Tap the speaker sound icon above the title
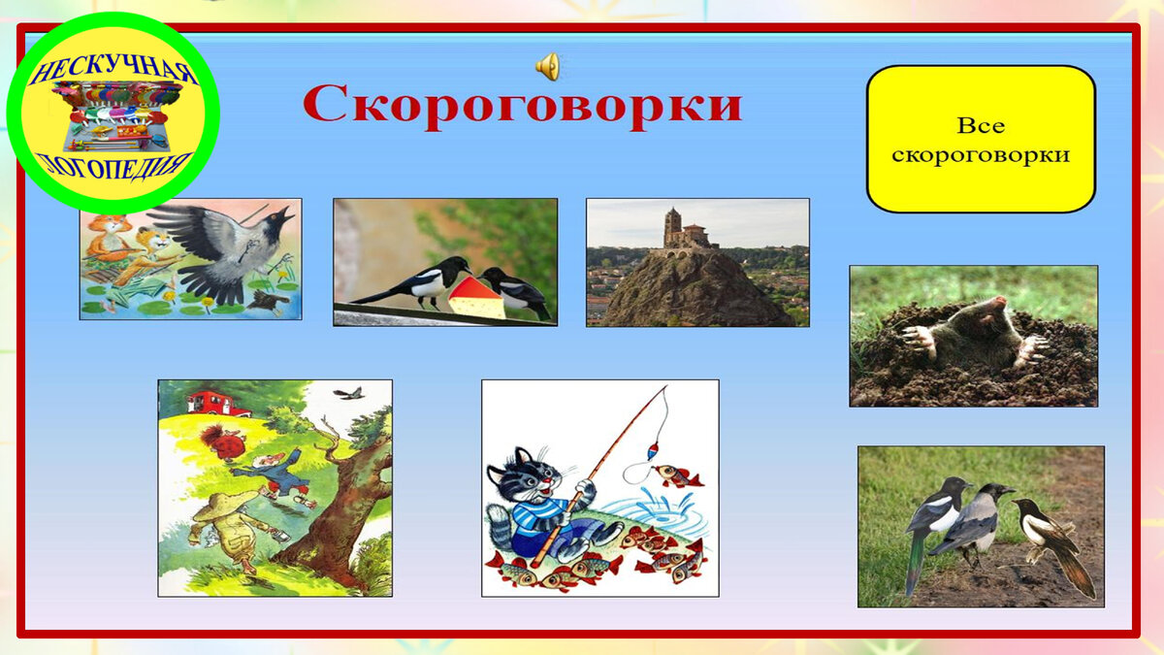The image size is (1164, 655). pyautogui.click(x=548, y=66)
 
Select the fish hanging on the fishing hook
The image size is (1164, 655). pyautogui.click(x=676, y=475)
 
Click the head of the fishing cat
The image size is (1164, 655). pyautogui.click(x=524, y=475)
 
